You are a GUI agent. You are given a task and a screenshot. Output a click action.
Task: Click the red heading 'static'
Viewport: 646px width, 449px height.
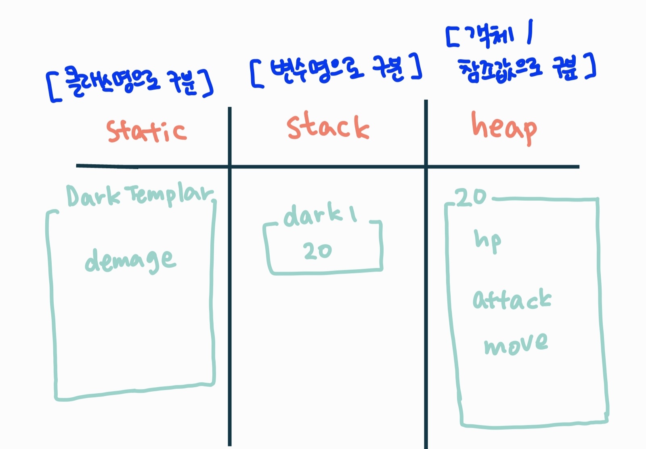(147, 131)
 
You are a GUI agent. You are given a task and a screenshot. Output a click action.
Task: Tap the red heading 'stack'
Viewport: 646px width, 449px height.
(327, 126)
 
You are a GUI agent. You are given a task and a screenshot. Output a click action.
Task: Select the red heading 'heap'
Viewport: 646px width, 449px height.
(504, 127)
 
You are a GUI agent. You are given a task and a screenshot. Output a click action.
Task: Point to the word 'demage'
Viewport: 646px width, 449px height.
(130, 260)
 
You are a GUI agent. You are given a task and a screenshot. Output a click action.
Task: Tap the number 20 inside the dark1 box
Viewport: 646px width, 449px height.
(318, 251)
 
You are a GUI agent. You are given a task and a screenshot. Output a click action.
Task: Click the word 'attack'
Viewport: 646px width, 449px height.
(512, 299)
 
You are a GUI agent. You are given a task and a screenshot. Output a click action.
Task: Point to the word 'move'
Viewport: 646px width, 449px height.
(516, 344)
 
